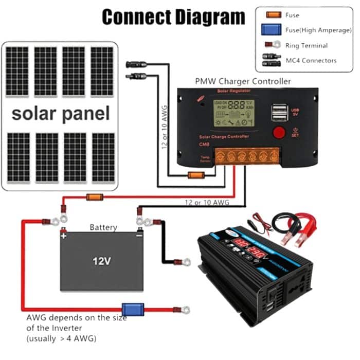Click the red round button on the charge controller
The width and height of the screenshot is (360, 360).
point(279,132)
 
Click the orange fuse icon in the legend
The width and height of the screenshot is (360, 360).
point(271,15)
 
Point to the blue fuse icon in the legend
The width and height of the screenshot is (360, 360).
point(271,30)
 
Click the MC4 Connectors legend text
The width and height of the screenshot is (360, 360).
point(311,61)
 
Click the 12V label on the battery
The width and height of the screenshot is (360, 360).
point(102,261)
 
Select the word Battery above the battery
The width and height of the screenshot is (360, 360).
point(103,227)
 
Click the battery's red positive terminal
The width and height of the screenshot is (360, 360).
point(63,236)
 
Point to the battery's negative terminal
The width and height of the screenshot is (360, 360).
point(138,236)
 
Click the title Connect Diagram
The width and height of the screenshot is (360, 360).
point(173,17)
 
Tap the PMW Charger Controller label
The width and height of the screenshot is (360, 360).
point(243,81)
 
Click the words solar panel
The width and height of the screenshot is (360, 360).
point(61,114)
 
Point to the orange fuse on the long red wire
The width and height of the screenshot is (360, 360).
point(95,196)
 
